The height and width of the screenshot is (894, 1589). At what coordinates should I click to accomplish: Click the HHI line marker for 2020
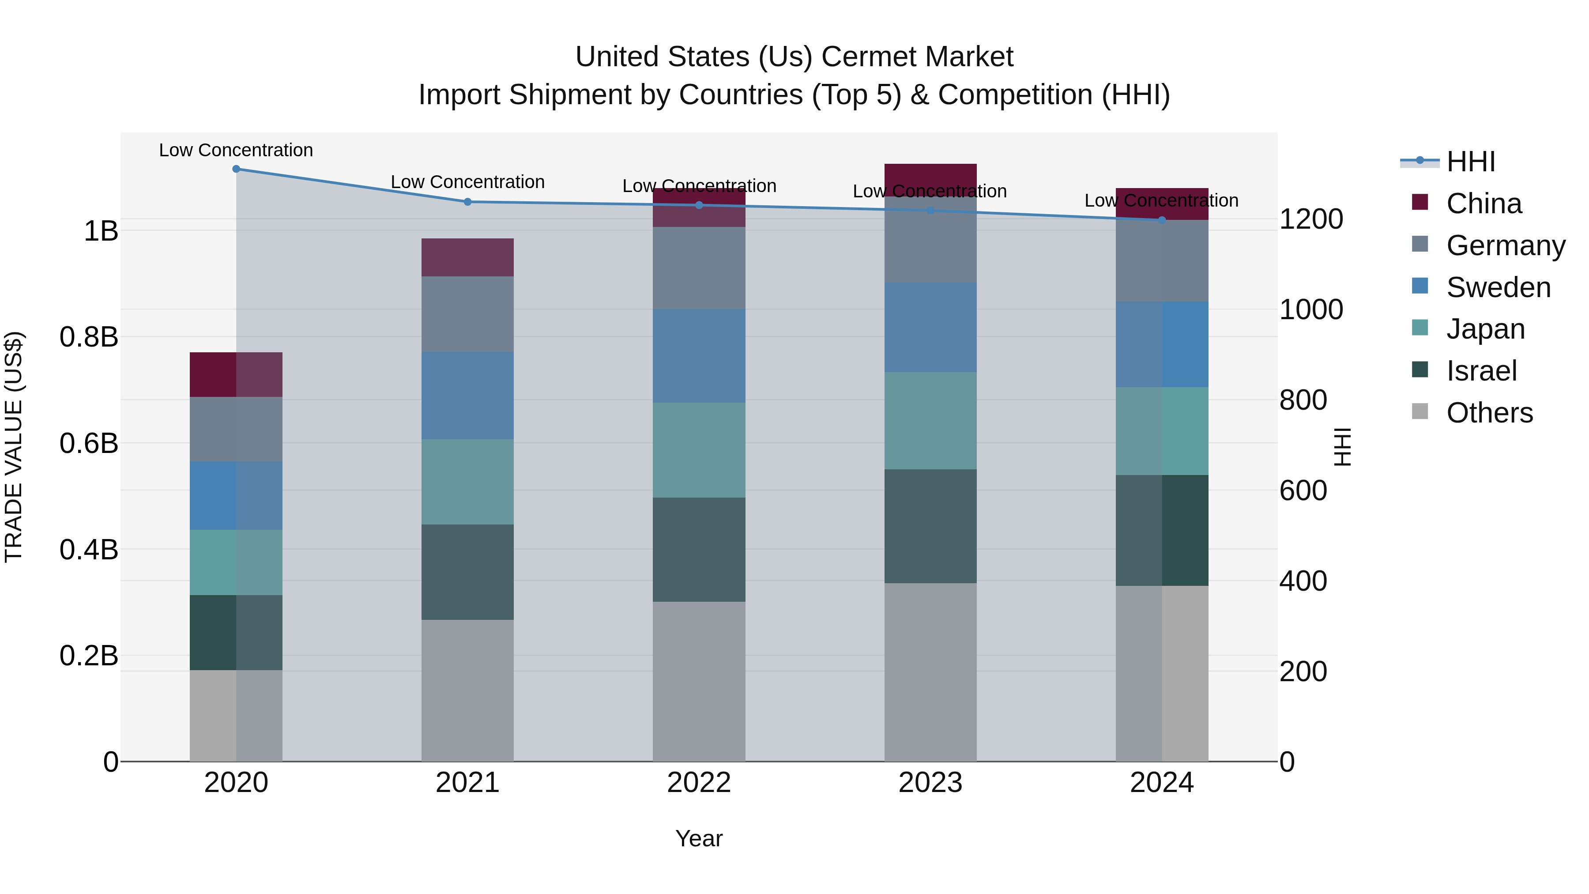[236, 169]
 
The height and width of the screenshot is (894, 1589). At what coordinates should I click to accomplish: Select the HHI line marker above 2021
[467, 202]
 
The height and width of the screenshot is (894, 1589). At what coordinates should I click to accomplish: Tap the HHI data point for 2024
[1162, 220]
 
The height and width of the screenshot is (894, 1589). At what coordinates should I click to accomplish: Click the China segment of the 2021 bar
[467, 257]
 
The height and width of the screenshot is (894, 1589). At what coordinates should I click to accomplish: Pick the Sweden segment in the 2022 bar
[699, 356]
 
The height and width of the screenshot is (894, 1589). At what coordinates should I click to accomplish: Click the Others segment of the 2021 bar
[467, 690]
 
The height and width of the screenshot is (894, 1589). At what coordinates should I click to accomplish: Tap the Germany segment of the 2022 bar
[699, 268]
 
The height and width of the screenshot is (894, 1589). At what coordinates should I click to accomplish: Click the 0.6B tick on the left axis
[89, 443]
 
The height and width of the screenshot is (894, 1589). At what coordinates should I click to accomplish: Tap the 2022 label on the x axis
[699, 783]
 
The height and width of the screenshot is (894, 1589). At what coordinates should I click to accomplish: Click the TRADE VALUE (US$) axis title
[14, 447]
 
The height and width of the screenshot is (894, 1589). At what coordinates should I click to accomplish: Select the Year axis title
[699, 838]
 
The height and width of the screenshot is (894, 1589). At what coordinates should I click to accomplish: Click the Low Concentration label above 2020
[236, 150]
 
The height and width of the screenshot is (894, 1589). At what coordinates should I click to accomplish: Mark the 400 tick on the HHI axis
[1303, 581]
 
